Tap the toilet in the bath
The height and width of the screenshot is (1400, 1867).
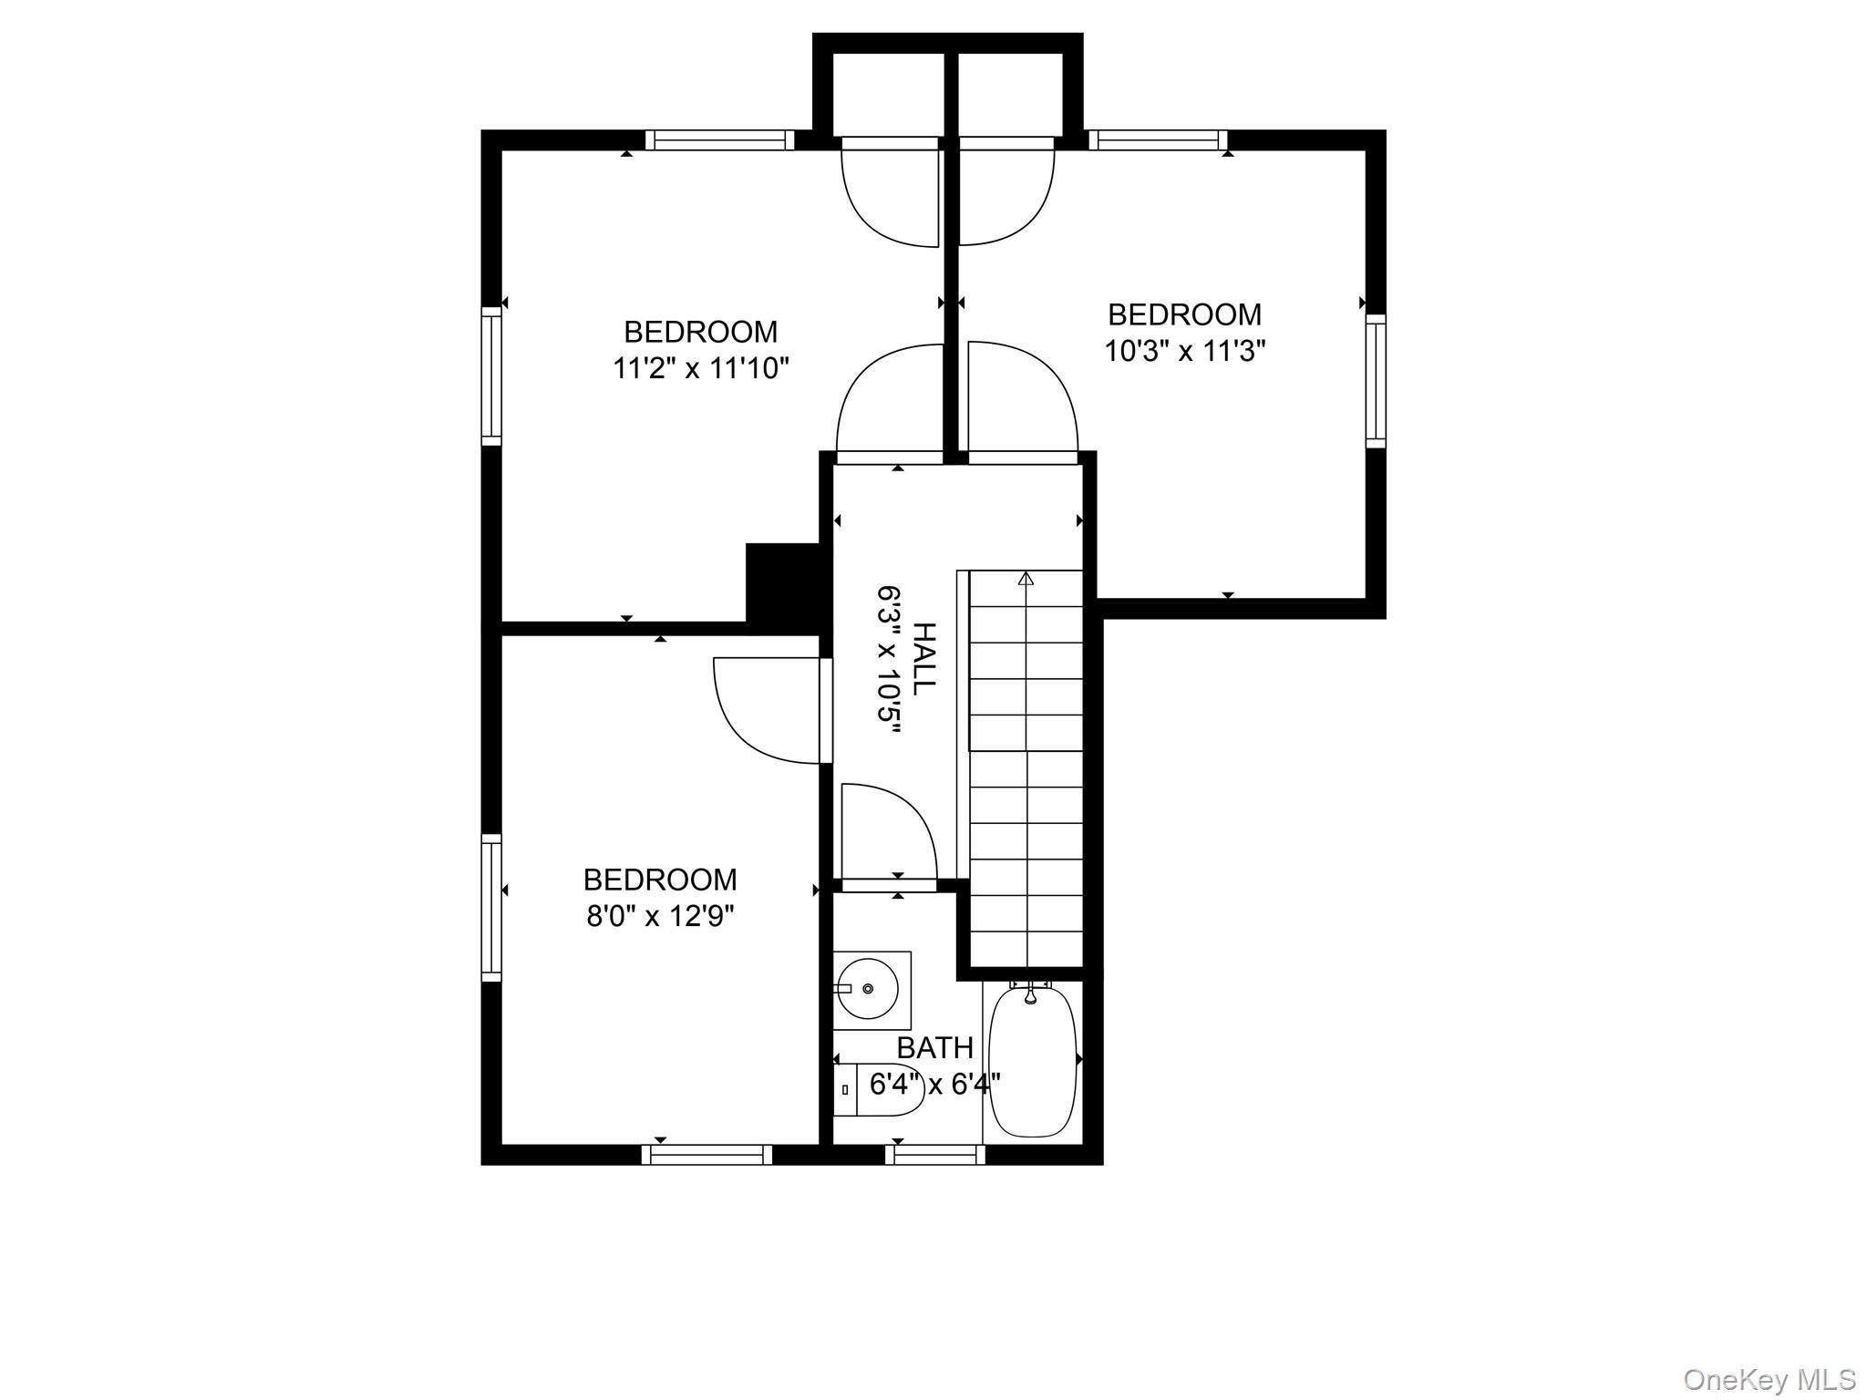coord(878,1089)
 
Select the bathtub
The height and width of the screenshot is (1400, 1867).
coord(1033,1060)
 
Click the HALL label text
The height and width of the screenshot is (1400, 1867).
coord(924,659)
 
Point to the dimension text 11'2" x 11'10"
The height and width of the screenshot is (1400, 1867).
coord(700,368)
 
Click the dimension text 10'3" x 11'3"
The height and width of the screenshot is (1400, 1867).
coord(1185,351)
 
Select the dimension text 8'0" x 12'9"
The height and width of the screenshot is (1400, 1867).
coord(660,915)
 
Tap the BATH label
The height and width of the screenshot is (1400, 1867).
coord(934,1048)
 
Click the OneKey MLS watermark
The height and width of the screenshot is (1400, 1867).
coord(1769,1379)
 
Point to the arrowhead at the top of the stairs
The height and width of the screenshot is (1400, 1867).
coord(1026,578)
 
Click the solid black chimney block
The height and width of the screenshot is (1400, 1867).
coord(784,583)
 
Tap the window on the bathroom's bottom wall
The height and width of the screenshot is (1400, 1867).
coord(935,1155)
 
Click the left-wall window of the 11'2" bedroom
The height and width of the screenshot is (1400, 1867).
coord(491,376)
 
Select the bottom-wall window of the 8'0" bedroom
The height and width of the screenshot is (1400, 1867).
coord(707,1155)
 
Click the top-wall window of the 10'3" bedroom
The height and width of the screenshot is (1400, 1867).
coord(1158,139)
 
